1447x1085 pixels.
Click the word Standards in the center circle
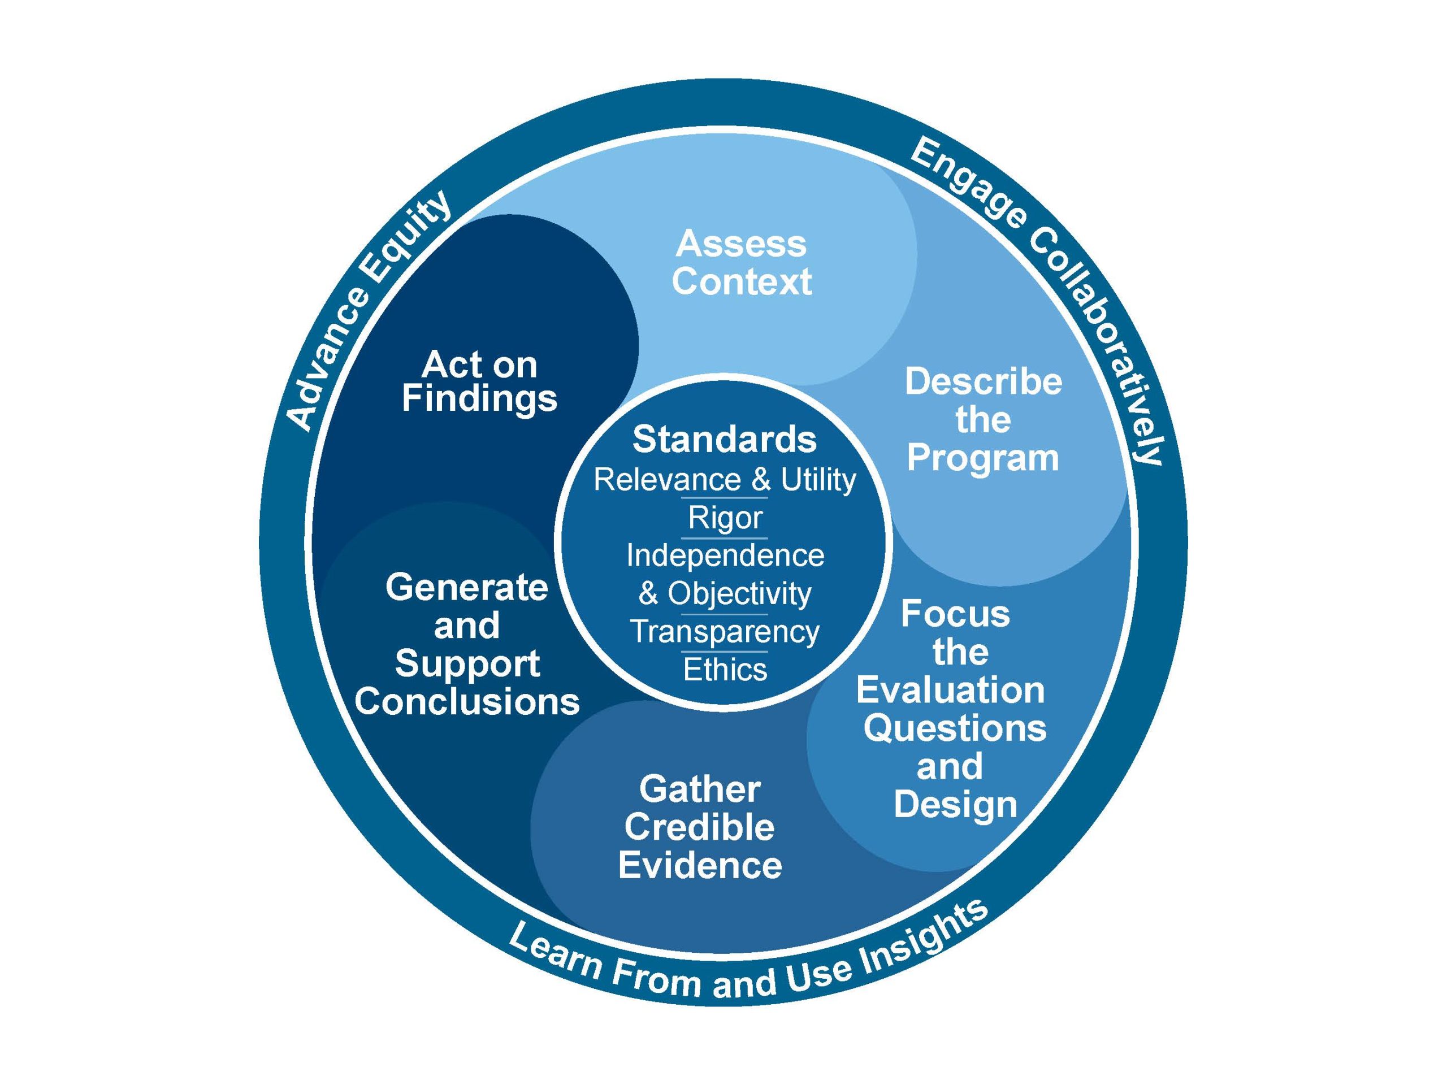(x=724, y=439)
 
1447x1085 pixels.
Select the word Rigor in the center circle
(x=725, y=518)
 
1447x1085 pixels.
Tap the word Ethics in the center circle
(x=725, y=670)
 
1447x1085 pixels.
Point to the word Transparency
(x=725, y=632)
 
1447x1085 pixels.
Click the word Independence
(x=725, y=556)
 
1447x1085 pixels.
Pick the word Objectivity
(x=739, y=594)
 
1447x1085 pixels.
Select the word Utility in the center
(x=818, y=480)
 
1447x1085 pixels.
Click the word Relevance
(x=667, y=480)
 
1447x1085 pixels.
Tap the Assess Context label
(x=741, y=262)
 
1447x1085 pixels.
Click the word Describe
(x=983, y=381)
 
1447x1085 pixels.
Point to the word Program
(x=982, y=458)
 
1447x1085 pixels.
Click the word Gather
(x=699, y=789)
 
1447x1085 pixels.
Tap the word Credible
(x=699, y=827)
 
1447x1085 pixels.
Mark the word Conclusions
(x=467, y=702)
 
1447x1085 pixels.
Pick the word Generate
(x=466, y=587)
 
